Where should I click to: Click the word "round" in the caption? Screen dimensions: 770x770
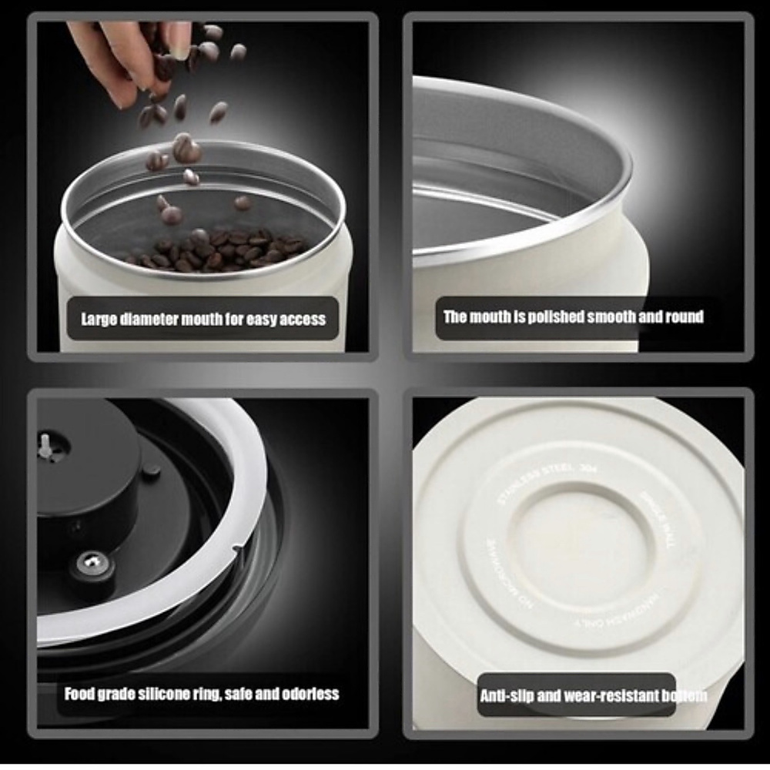pyautogui.click(x=685, y=317)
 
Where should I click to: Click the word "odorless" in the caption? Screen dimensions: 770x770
pyautogui.click(x=313, y=694)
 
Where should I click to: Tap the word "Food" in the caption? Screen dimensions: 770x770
pyautogui.click(x=79, y=694)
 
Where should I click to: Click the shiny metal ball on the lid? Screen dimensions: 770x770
pyautogui.click(x=92, y=564)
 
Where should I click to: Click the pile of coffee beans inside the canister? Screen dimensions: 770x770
pyautogui.click(x=219, y=250)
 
